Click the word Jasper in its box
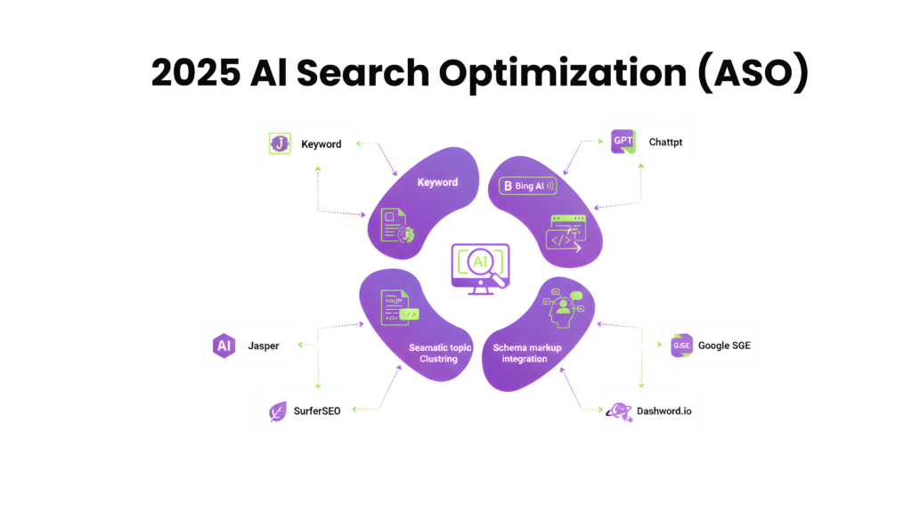(264, 346)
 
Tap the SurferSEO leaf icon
(279, 411)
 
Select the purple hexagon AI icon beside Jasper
(223, 346)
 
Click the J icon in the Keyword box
(280, 143)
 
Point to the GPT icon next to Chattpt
(623, 141)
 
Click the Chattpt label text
(665, 141)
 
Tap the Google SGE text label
(726, 346)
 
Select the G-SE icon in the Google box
(681, 346)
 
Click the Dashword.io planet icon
(618, 411)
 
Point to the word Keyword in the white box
(321, 143)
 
